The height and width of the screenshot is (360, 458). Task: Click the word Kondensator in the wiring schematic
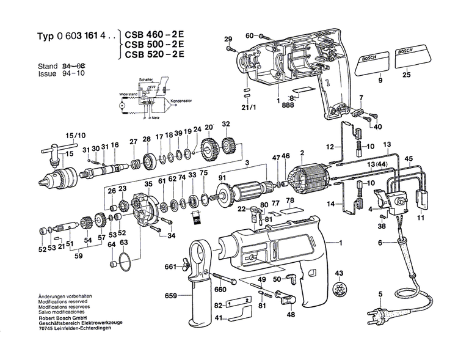click(181, 101)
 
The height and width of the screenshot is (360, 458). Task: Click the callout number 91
click(222, 178)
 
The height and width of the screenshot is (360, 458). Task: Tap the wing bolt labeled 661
click(183, 266)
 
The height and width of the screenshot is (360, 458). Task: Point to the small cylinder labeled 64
click(113, 265)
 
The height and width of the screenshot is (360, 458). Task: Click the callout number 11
click(421, 217)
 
